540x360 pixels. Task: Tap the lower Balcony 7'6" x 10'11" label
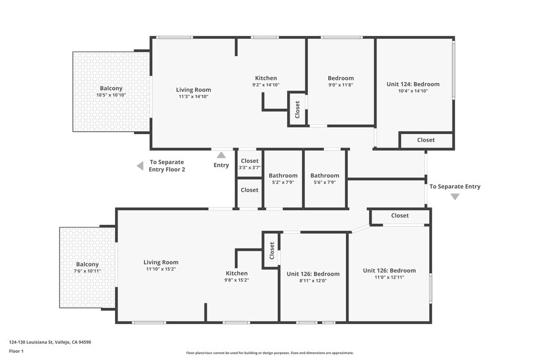[x=88, y=268]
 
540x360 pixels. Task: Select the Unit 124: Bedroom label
[x=413, y=88]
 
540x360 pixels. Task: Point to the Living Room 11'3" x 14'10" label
[x=193, y=93]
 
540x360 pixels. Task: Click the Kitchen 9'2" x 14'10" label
[x=266, y=81]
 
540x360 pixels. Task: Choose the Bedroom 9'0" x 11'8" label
[x=340, y=81]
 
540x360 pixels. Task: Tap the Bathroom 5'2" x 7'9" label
[x=283, y=179]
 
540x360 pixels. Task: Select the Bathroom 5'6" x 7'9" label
[x=324, y=179]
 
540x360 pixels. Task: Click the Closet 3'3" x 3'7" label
[x=249, y=164]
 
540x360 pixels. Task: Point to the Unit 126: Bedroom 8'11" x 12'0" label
[x=313, y=277]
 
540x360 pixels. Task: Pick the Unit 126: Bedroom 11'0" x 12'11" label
[x=389, y=274]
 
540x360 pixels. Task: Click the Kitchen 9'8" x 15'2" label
[x=236, y=276]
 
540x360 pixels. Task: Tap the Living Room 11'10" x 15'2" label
[x=161, y=266]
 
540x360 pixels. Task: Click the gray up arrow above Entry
[x=221, y=155]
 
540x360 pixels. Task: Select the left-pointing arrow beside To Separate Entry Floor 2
[x=140, y=165]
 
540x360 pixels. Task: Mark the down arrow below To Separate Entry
[x=455, y=197]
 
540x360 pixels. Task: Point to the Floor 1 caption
[x=16, y=351]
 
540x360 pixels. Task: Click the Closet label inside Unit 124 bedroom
[x=426, y=140]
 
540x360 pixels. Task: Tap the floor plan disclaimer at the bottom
[x=269, y=353]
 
